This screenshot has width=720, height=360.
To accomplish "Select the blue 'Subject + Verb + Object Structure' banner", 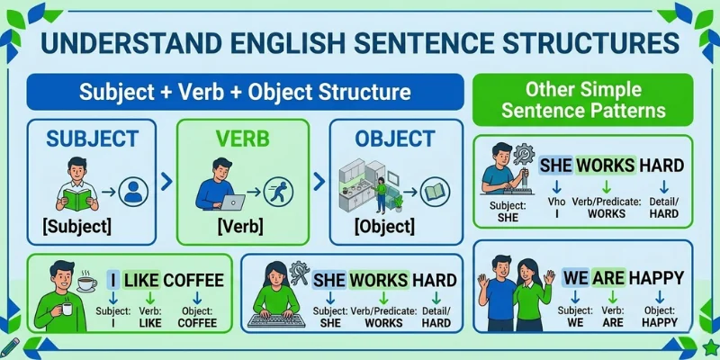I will (245, 93).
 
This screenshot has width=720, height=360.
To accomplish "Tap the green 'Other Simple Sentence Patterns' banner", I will (583, 101).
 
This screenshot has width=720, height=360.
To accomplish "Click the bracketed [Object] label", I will (384, 225).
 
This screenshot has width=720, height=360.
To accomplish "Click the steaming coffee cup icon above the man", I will (87, 282).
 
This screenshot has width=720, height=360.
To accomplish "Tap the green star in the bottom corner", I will (710, 347).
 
